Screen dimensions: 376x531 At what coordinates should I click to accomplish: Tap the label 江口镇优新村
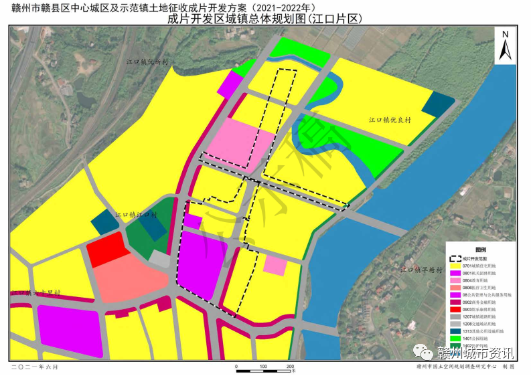point(148,61)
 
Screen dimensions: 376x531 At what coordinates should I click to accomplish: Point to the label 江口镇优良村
point(390,120)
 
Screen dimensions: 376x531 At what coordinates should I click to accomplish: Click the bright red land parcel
point(107,250)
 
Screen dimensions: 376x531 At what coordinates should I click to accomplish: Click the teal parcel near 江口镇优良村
point(437,103)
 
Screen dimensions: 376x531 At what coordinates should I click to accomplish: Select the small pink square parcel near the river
point(275,265)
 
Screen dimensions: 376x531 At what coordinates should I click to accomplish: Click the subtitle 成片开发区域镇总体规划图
point(264,19)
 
